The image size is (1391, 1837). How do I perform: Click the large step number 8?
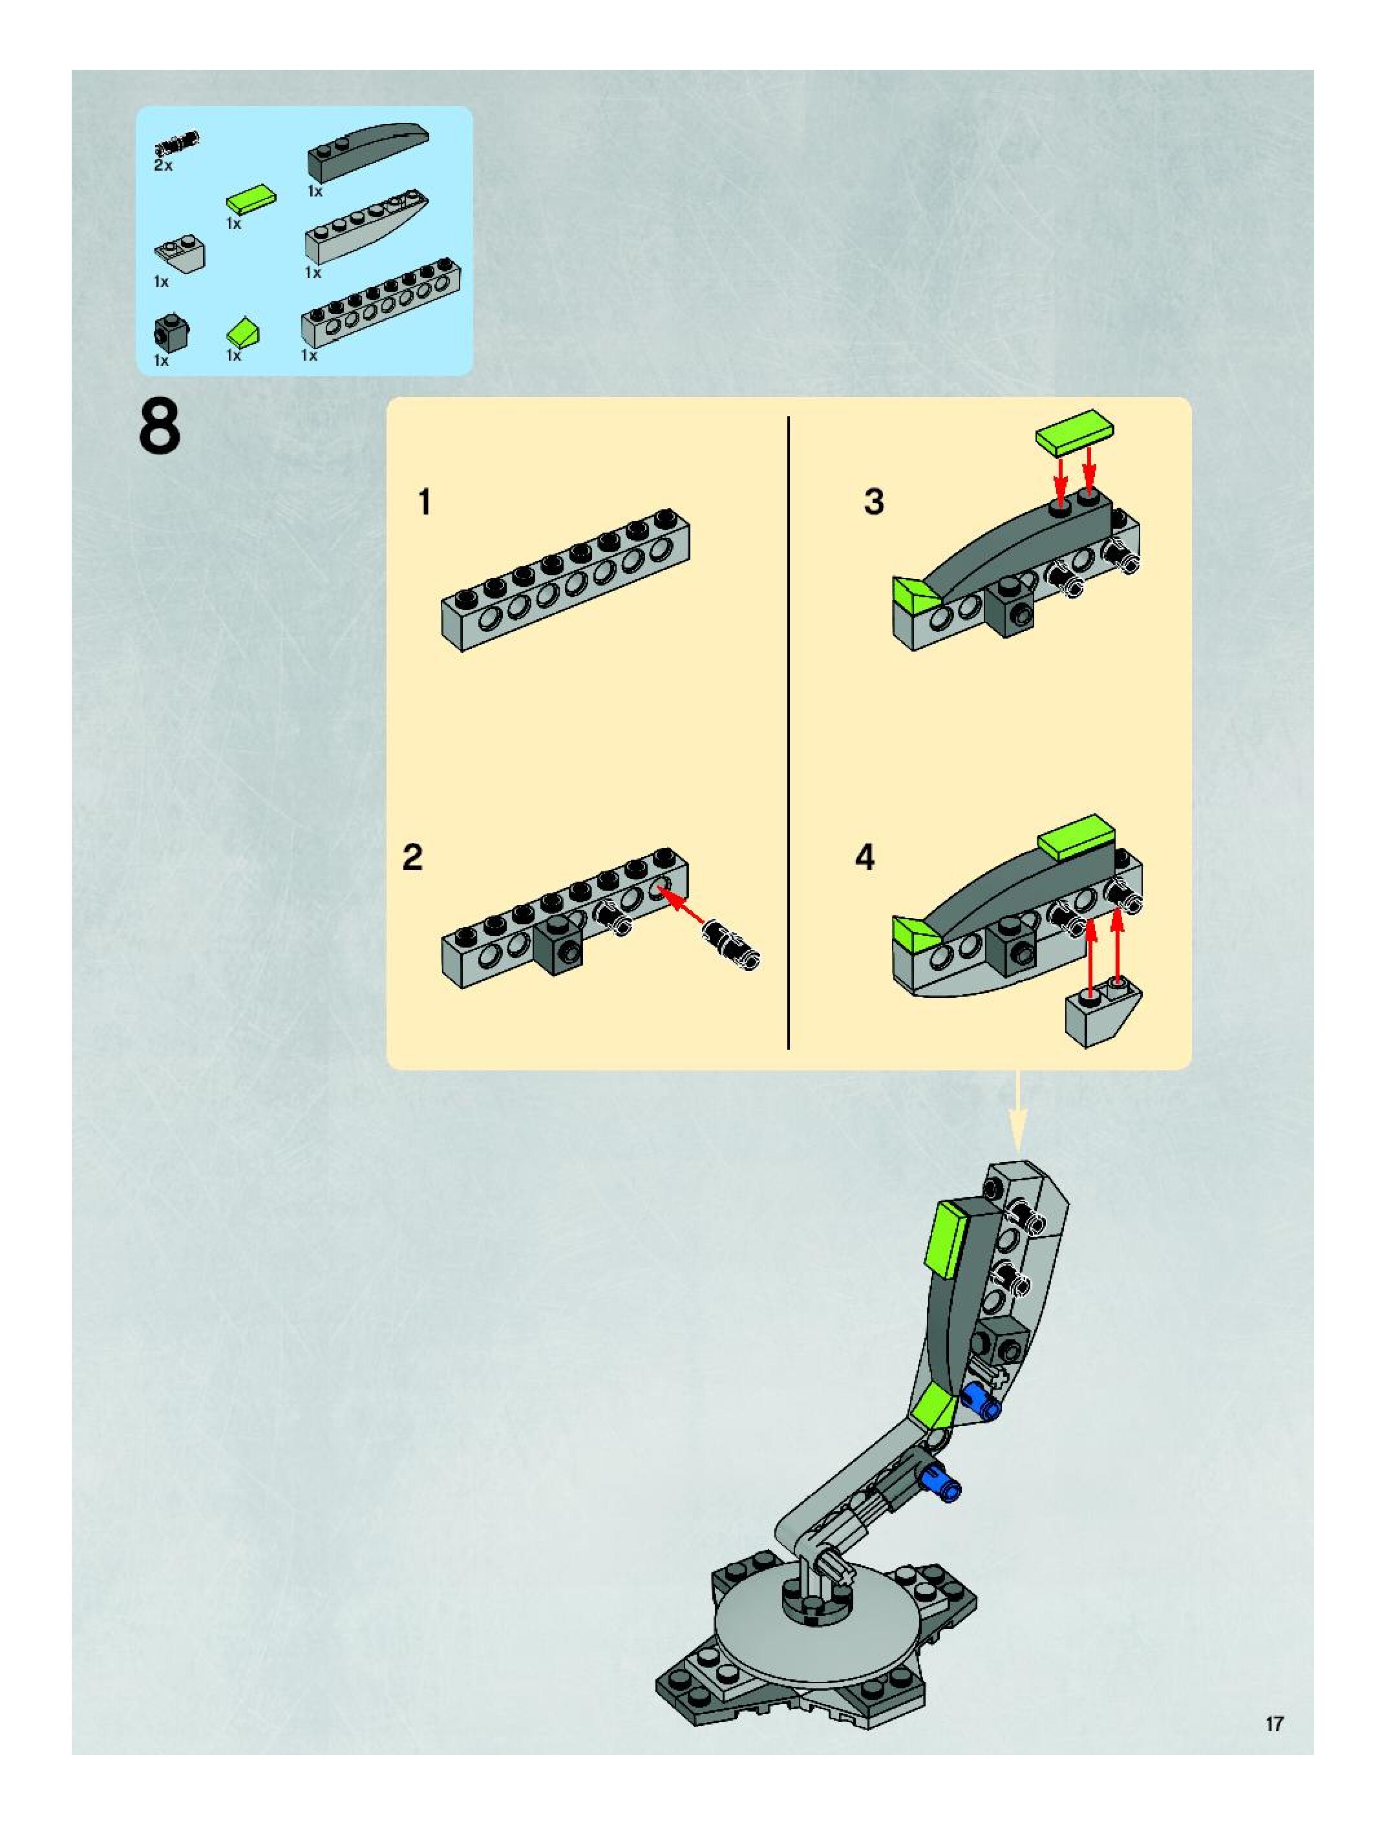coord(160,429)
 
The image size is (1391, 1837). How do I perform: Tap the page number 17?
coord(1274,1723)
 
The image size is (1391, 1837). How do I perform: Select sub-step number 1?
coord(425,502)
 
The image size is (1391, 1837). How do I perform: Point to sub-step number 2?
coord(413,857)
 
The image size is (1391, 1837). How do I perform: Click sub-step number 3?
coord(874,502)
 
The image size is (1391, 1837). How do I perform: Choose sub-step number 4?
coord(865,857)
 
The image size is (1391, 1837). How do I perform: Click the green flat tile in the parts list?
coord(251,199)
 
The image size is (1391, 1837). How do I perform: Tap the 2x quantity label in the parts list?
coord(163,166)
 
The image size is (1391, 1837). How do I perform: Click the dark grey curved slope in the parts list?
coord(368,152)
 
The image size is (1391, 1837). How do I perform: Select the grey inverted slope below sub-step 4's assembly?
coord(1103,1012)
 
